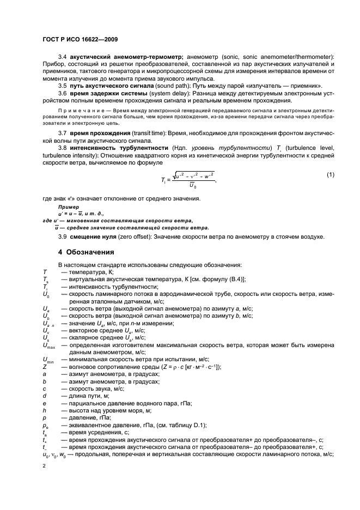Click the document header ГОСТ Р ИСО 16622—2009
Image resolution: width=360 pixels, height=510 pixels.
[x=80, y=40]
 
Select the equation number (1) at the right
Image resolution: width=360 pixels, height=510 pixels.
[x=330, y=174]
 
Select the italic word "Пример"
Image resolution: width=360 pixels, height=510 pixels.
[x=67, y=208]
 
